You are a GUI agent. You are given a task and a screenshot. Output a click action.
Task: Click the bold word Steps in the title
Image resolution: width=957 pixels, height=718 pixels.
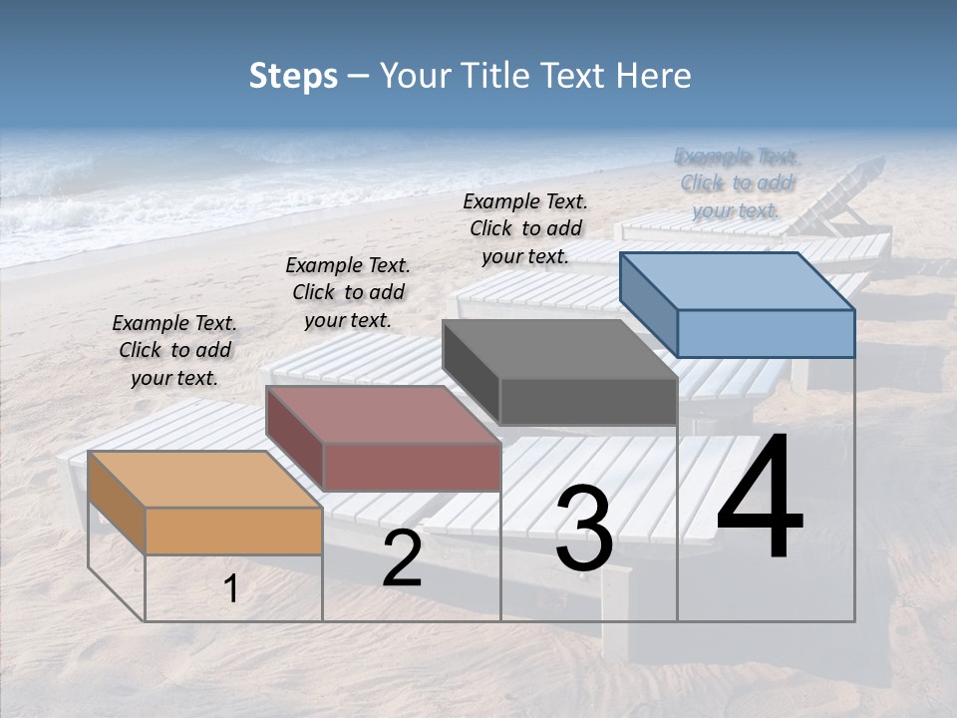coord(293,77)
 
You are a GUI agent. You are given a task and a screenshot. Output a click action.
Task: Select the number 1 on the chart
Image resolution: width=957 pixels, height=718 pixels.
coord(231,589)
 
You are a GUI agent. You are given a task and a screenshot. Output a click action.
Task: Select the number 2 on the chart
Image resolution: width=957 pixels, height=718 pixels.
coord(402,558)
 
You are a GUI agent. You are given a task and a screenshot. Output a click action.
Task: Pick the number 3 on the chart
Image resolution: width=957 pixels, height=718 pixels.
coord(584,529)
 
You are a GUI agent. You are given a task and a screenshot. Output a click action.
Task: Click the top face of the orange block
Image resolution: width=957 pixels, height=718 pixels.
coord(204,480)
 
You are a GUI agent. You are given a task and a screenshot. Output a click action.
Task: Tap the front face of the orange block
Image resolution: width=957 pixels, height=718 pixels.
coord(234,531)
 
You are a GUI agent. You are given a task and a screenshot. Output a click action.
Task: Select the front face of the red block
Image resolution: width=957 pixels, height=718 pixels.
coord(412,467)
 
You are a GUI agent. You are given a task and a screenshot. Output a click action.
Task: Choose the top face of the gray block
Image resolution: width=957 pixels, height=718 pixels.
coord(559,349)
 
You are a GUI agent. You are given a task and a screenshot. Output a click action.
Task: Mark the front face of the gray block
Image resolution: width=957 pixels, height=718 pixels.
coord(588,402)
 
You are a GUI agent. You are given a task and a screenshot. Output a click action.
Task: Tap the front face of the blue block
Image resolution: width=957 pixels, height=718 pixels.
coord(766,333)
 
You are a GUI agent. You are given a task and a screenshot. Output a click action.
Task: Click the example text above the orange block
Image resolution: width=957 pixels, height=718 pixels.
coord(174,350)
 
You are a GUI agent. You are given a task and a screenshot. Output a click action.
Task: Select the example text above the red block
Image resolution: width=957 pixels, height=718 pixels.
coord(348,292)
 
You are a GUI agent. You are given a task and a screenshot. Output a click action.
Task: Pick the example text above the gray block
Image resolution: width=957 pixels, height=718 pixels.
coord(525,228)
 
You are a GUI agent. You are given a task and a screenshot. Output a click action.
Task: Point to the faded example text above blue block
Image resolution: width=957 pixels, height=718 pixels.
coord(737,183)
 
